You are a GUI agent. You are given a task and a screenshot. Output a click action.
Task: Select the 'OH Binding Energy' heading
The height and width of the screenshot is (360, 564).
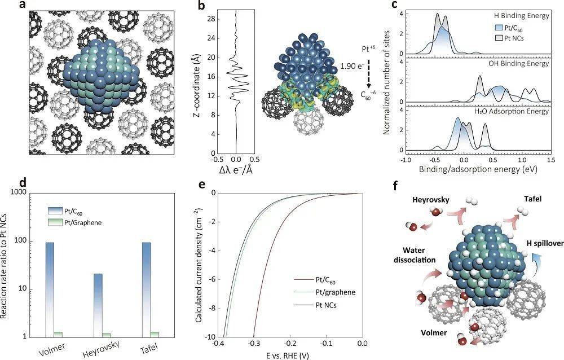(x=519, y=64)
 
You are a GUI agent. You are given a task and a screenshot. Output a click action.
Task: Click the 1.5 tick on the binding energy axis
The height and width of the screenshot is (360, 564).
(x=550, y=160)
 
